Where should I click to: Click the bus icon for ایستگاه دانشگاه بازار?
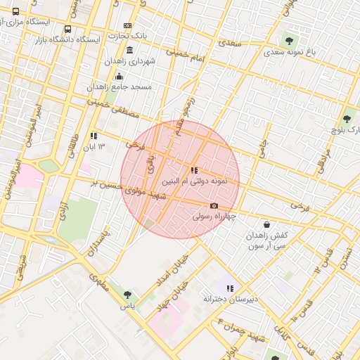(x=67, y=30)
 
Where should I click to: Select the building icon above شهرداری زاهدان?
(x=129, y=50)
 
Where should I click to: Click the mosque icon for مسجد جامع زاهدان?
(x=119, y=76)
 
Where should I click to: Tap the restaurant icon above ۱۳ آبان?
(x=94, y=136)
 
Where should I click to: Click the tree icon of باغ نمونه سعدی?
(x=290, y=41)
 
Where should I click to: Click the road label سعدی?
(x=230, y=44)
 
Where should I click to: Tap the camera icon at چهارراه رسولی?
(x=214, y=206)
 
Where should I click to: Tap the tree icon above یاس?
(x=127, y=295)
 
